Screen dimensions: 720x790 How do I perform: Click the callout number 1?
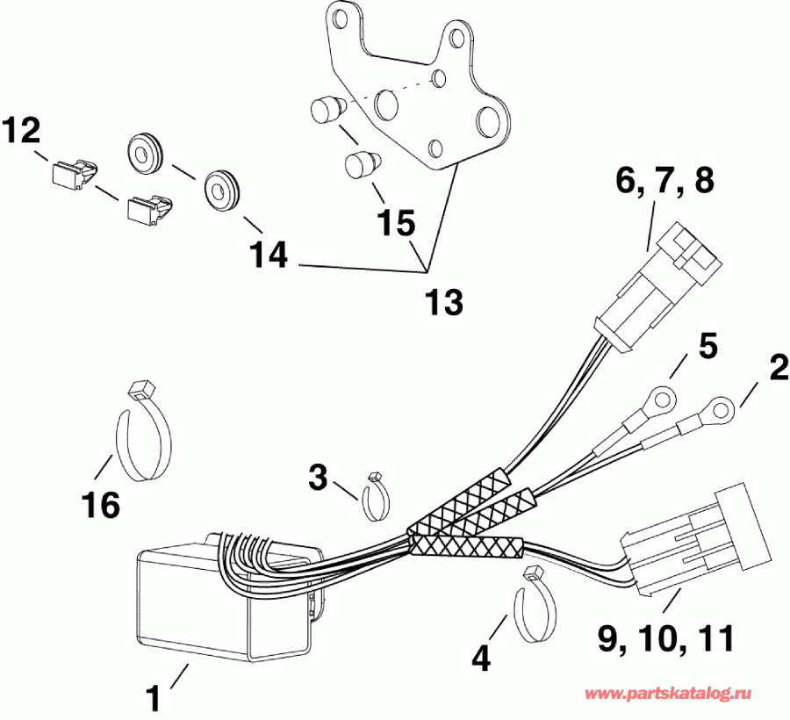pyautogui.click(x=154, y=700)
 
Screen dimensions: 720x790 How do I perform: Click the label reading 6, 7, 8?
pyautogui.click(x=665, y=182)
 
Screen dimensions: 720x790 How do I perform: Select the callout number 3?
pyautogui.click(x=318, y=479)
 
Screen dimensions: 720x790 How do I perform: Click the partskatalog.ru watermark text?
pyautogui.click(x=669, y=694)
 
